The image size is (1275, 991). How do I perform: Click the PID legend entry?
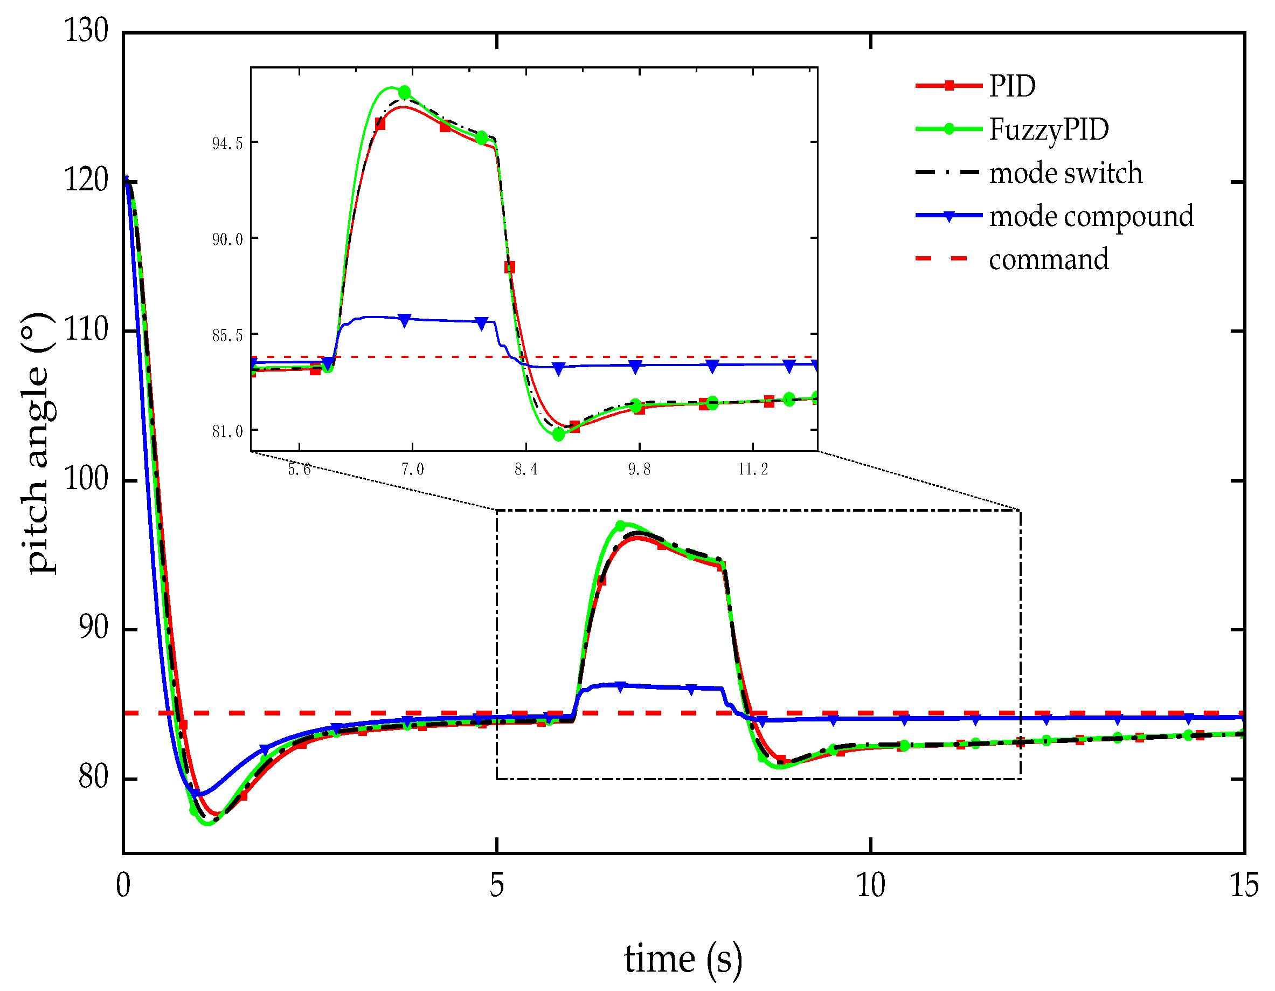[1011, 86]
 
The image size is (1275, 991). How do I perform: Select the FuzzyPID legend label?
[1049, 129]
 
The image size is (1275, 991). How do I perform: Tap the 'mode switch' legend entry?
[1065, 173]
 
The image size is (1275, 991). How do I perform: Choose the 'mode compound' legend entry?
[1091, 216]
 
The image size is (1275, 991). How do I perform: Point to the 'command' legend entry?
[1049, 259]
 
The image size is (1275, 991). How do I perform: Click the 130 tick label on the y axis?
[86, 30]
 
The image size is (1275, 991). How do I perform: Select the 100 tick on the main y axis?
[86, 479]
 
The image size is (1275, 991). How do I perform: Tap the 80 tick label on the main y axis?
[93, 777]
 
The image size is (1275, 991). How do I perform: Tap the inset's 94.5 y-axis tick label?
[227, 143]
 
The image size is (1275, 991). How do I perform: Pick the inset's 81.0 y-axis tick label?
[227, 431]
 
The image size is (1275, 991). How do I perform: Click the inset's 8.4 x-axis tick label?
[526, 470]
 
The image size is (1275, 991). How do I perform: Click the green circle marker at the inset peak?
[405, 92]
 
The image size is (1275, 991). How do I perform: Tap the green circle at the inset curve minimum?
[558, 435]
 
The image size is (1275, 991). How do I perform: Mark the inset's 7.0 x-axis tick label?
[412, 470]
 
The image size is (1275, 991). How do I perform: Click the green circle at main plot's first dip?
[195, 810]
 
